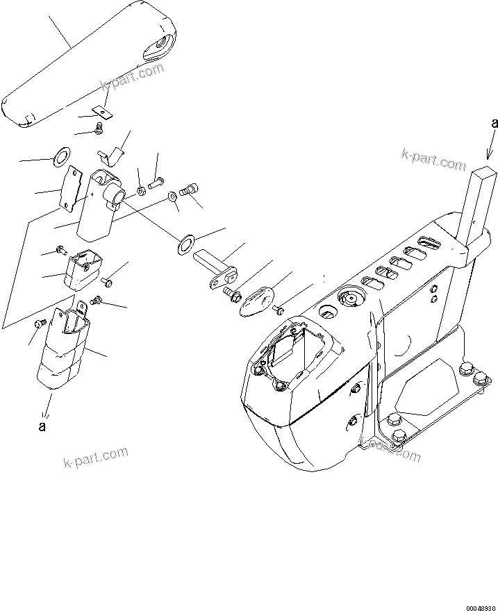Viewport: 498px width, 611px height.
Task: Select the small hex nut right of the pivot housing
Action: coord(140,189)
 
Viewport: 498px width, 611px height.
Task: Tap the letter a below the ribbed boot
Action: coord(42,426)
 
